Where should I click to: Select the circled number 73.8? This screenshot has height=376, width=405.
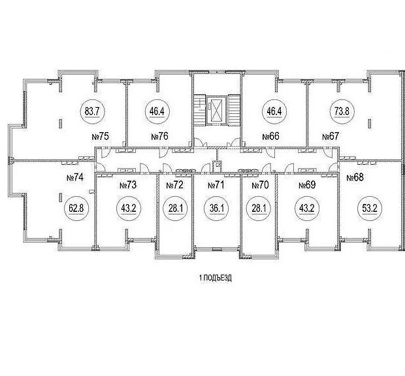tap(340, 110)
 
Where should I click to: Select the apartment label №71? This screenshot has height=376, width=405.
tap(216, 186)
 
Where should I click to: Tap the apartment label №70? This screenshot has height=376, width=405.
tap(261, 186)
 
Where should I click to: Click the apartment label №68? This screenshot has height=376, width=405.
tap(355, 177)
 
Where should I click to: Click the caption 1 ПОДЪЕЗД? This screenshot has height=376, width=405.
tap(216, 277)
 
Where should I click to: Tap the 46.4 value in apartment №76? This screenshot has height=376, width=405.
tap(157, 110)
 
